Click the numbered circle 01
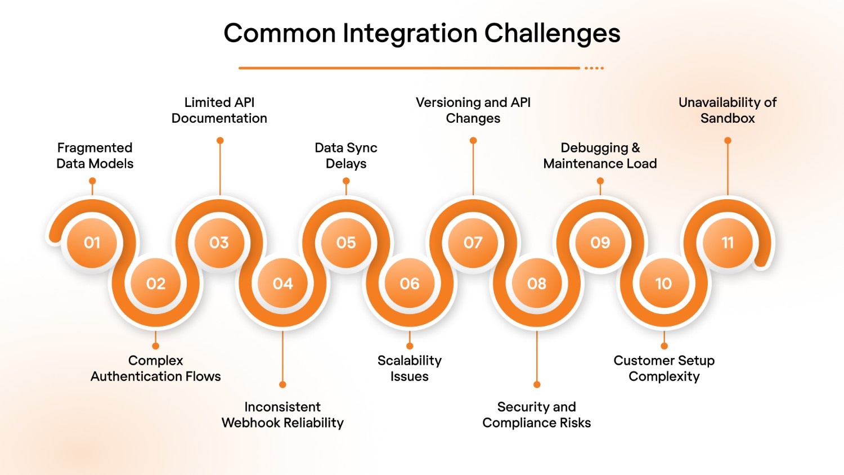point(92,243)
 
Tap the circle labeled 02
point(156,283)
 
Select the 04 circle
point(282,283)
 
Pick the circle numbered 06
point(410,283)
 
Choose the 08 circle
point(537,283)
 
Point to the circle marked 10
point(663,283)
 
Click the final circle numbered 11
point(728,243)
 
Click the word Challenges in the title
point(552,34)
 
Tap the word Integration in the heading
point(410,34)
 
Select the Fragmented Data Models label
point(95,156)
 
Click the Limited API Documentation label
point(219,110)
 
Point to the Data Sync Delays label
point(346,156)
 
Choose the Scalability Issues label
point(410,369)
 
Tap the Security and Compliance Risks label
point(537,415)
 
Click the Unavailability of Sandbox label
point(728,110)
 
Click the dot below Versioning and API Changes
point(473,141)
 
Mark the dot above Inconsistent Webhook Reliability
point(282,384)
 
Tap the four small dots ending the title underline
point(594,68)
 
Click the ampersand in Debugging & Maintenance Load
point(636,148)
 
